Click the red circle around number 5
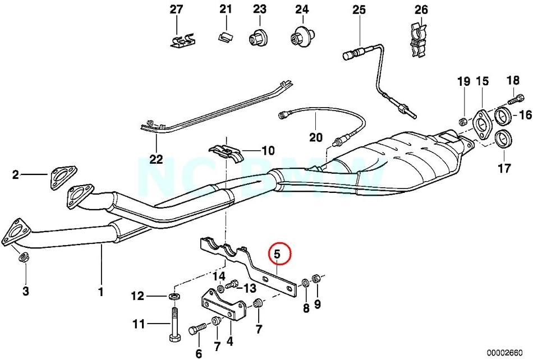pos(279,254)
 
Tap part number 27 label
pos(176,10)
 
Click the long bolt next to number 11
pos(174,325)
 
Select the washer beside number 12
pos(174,296)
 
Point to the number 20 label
pos(316,137)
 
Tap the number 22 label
pos(156,159)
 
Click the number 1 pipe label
pos(101,292)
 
